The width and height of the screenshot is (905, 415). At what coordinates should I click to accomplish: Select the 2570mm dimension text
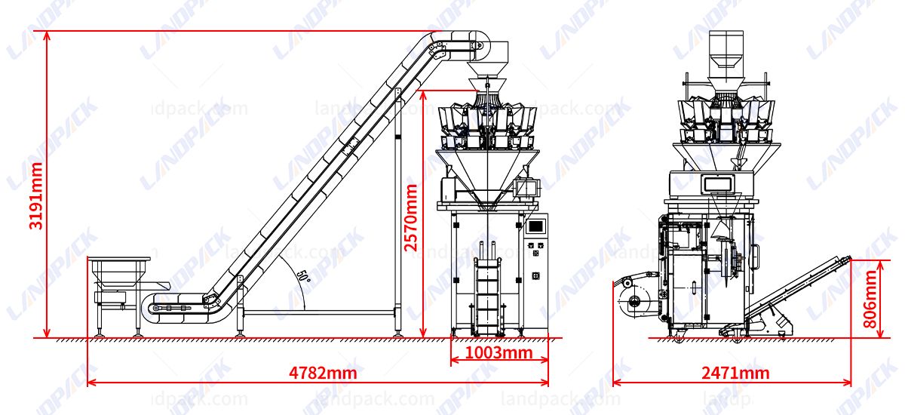[x=410, y=217]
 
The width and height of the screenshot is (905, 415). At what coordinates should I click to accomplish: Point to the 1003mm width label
[x=498, y=352]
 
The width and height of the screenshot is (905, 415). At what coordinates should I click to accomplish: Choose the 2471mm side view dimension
[x=735, y=373]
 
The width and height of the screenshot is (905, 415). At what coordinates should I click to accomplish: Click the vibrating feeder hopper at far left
[x=119, y=270]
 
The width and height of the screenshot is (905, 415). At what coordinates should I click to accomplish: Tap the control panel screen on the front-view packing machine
[x=536, y=225]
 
